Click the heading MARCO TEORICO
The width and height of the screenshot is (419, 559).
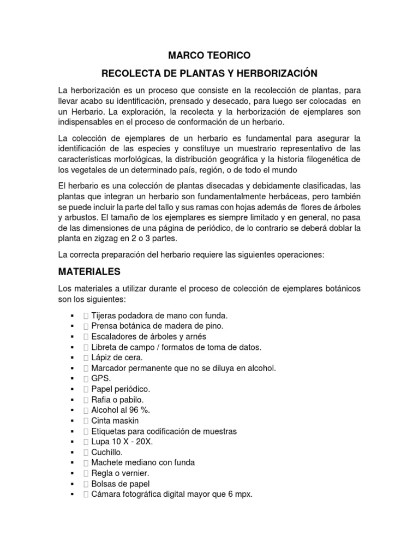[209, 55]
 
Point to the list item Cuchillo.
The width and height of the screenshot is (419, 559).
[107, 452]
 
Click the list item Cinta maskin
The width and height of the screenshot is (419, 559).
[115, 420]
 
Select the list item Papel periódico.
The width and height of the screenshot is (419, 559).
[121, 389]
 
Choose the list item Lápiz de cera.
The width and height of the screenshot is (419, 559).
[117, 358]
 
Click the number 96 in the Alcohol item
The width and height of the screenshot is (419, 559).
[129, 410]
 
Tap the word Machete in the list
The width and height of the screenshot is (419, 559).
[107, 462]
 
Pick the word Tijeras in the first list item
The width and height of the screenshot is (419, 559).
[104, 316]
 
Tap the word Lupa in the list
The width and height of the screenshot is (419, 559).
[100, 442]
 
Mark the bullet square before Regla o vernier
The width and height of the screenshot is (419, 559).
[72, 473]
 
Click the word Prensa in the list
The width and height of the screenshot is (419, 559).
[105, 326]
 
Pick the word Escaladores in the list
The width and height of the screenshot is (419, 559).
[114, 336]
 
